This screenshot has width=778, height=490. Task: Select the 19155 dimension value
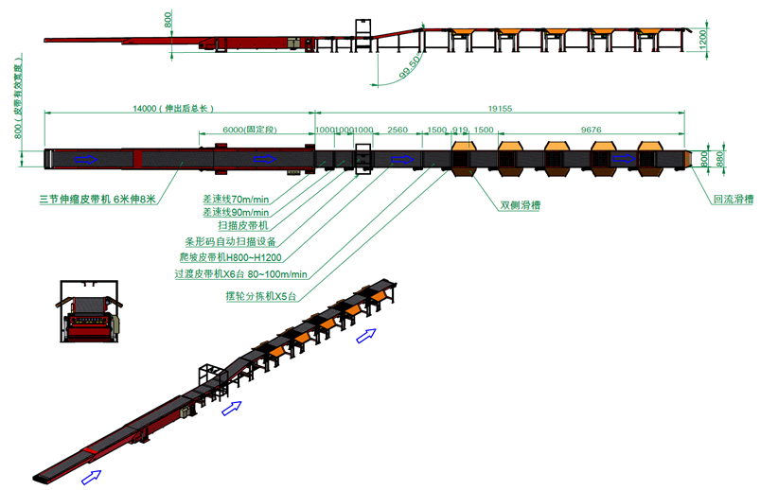pyautogui.click(x=499, y=109)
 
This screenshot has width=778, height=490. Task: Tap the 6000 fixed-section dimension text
pyautogui.click(x=247, y=129)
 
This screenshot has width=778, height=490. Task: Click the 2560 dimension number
pyautogui.click(x=398, y=129)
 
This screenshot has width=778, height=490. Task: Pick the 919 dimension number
pyautogui.click(x=461, y=129)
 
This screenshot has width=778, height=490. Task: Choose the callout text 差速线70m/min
pyautogui.click(x=236, y=199)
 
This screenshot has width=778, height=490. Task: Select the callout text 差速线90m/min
pyautogui.click(x=236, y=213)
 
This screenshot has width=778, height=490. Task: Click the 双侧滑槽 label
pyautogui.click(x=520, y=204)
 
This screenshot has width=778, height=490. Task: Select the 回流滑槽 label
pyautogui.click(x=733, y=199)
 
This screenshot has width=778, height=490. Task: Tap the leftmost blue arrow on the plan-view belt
pyautogui.click(x=87, y=159)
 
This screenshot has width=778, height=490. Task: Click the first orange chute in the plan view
pyautogui.click(x=463, y=158)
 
